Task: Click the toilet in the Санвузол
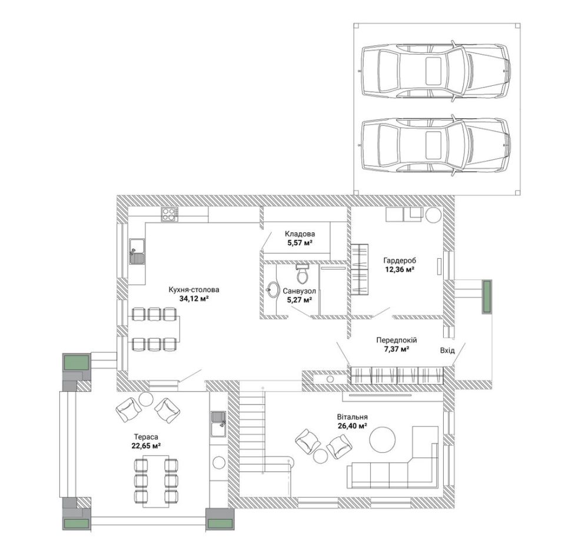[x=302, y=273]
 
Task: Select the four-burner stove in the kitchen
[x=170, y=215]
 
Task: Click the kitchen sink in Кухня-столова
[x=137, y=251]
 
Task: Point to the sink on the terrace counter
[x=218, y=424]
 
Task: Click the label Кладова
[x=300, y=234]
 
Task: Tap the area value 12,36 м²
[x=400, y=269]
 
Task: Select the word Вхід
[x=447, y=350]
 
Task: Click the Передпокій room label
[x=396, y=340]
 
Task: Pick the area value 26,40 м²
[x=352, y=426]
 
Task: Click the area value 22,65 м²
[x=146, y=445]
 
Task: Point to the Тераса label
[x=146, y=437]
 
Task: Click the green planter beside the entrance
[x=487, y=296]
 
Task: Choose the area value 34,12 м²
[x=194, y=299]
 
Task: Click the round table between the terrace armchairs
[x=145, y=399]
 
